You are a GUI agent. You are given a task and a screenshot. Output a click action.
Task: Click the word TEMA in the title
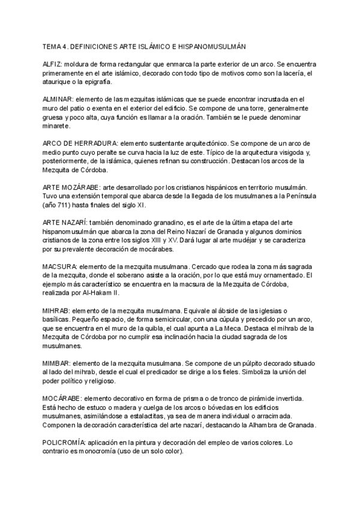click(52, 46)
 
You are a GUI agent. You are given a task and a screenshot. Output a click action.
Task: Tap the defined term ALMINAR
click(58, 98)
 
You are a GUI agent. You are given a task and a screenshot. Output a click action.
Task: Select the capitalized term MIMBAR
click(57, 364)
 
